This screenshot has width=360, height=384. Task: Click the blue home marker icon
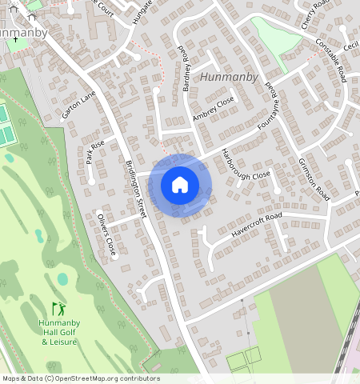[180, 185]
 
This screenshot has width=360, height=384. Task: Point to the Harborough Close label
[247, 163]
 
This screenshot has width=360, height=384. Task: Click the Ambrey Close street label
[212, 110]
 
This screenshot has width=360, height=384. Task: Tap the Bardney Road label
[186, 68]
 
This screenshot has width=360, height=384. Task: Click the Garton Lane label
[78, 104]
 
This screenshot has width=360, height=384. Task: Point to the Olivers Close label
[106, 234]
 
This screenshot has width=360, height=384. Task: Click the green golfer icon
[58, 308]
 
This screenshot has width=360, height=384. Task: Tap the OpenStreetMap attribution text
[80, 378]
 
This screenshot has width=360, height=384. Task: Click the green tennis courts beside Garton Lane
[6, 125]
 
